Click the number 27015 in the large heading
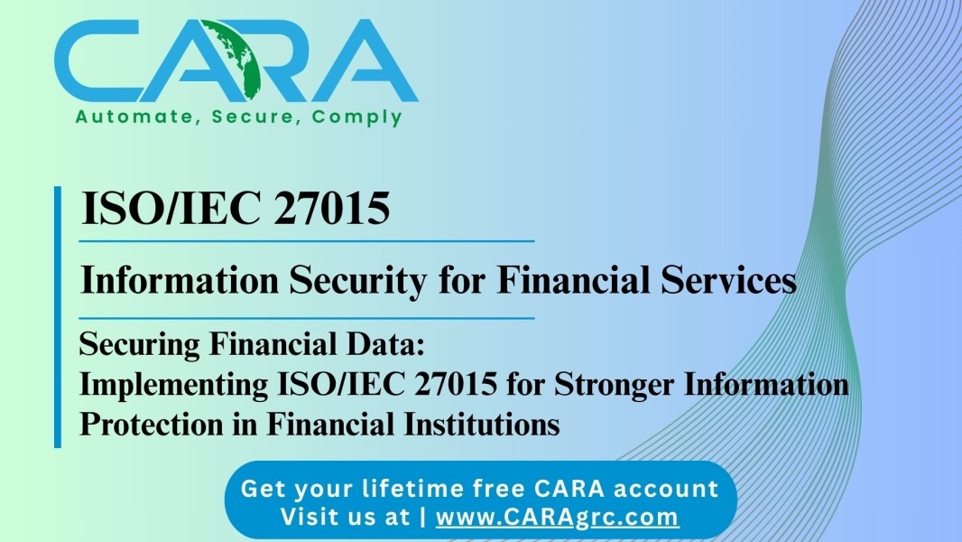(x=331, y=208)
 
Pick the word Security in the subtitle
(x=357, y=281)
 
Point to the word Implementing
(x=174, y=385)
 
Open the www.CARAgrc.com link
(x=557, y=517)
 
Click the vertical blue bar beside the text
(x=58, y=317)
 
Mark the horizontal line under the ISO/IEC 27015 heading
(x=307, y=241)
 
